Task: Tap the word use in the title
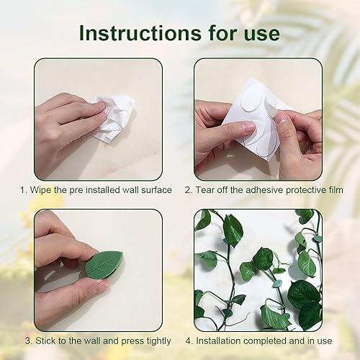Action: coord(261,33)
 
